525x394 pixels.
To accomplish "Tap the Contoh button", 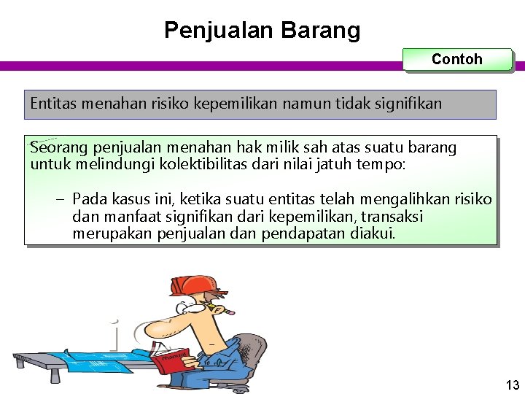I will tap(457, 60).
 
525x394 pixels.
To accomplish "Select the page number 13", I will tap(511, 385).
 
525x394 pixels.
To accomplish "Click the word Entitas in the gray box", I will tap(52, 104).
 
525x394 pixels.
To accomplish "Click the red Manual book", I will tap(171, 360).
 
